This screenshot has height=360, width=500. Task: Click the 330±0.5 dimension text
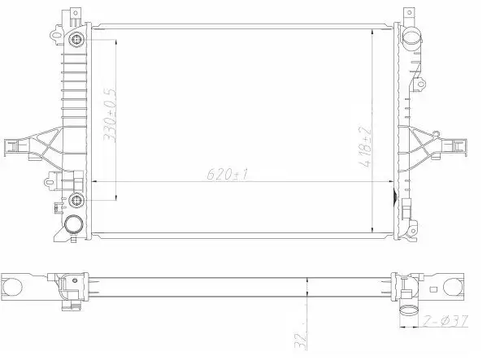[110, 115]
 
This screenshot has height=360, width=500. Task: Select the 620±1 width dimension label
[227, 174]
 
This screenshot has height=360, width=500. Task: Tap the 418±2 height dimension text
[365, 147]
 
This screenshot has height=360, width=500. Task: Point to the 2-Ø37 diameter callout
[446, 321]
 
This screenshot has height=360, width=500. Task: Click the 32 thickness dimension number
[301, 340]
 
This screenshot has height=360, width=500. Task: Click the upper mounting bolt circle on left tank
[76, 40]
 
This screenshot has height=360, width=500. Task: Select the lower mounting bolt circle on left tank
[76, 200]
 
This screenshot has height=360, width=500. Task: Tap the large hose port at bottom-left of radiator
[74, 224]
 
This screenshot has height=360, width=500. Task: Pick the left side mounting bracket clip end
[11, 147]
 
